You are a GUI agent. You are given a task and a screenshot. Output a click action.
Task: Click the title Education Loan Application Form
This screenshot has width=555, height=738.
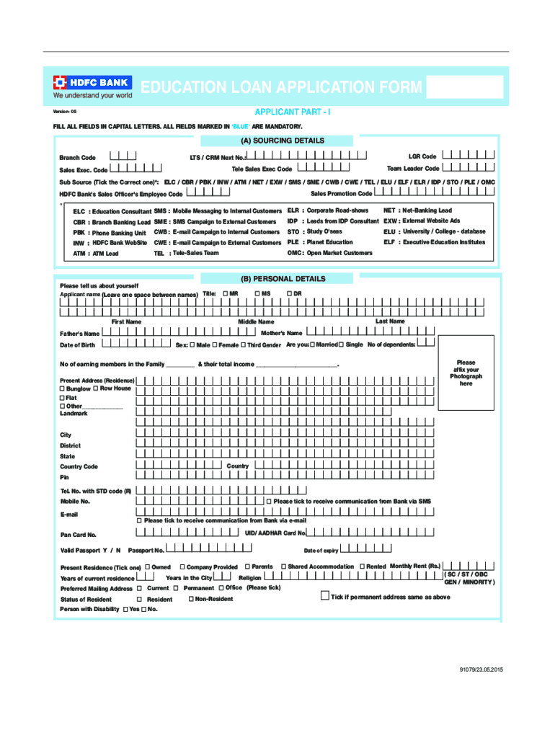[281, 88]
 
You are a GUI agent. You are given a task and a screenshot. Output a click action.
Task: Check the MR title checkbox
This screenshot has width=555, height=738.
[226, 293]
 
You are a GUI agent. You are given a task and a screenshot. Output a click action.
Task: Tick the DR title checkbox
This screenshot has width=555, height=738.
[289, 293]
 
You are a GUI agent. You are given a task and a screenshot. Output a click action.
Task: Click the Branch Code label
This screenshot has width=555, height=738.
[77, 157]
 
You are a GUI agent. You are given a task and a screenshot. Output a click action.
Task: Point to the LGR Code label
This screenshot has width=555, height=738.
[422, 156]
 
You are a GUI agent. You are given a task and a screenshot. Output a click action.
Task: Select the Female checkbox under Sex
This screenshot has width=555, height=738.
[214, 345]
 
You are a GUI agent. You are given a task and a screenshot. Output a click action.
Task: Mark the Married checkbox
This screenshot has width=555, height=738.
[311, 344]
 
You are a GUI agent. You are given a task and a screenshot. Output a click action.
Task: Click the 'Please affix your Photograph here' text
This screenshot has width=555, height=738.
[466, 373]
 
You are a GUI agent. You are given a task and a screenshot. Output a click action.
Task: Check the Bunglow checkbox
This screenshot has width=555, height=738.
[62, 388]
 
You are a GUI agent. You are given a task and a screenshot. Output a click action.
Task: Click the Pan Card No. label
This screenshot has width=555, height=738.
[78, 535]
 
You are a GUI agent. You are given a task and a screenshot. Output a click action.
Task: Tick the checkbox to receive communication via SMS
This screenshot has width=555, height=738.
[269, 501]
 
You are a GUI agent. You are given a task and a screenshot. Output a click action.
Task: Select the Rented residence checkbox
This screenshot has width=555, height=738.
[362, 566]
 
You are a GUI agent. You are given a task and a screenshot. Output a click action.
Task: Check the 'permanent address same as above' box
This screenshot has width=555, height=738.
[324, 596]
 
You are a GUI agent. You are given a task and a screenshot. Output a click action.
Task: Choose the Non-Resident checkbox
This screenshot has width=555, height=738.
[190, 599]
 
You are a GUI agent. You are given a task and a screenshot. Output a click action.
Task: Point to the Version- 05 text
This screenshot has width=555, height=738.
[64, 114]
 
